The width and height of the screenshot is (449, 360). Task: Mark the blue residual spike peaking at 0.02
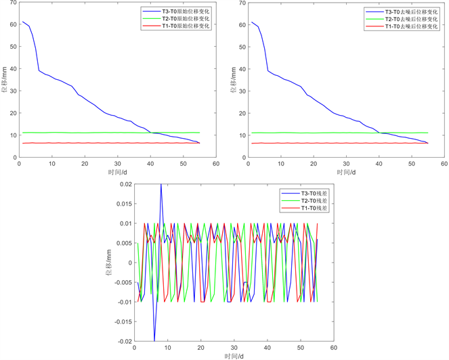161,185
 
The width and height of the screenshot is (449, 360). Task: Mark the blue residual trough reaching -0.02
154,340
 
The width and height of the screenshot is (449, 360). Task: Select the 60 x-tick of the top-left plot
216,164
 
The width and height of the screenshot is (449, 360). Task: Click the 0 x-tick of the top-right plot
249,164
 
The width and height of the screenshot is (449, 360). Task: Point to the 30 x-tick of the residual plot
234,348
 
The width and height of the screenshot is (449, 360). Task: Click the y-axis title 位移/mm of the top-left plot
5,80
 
